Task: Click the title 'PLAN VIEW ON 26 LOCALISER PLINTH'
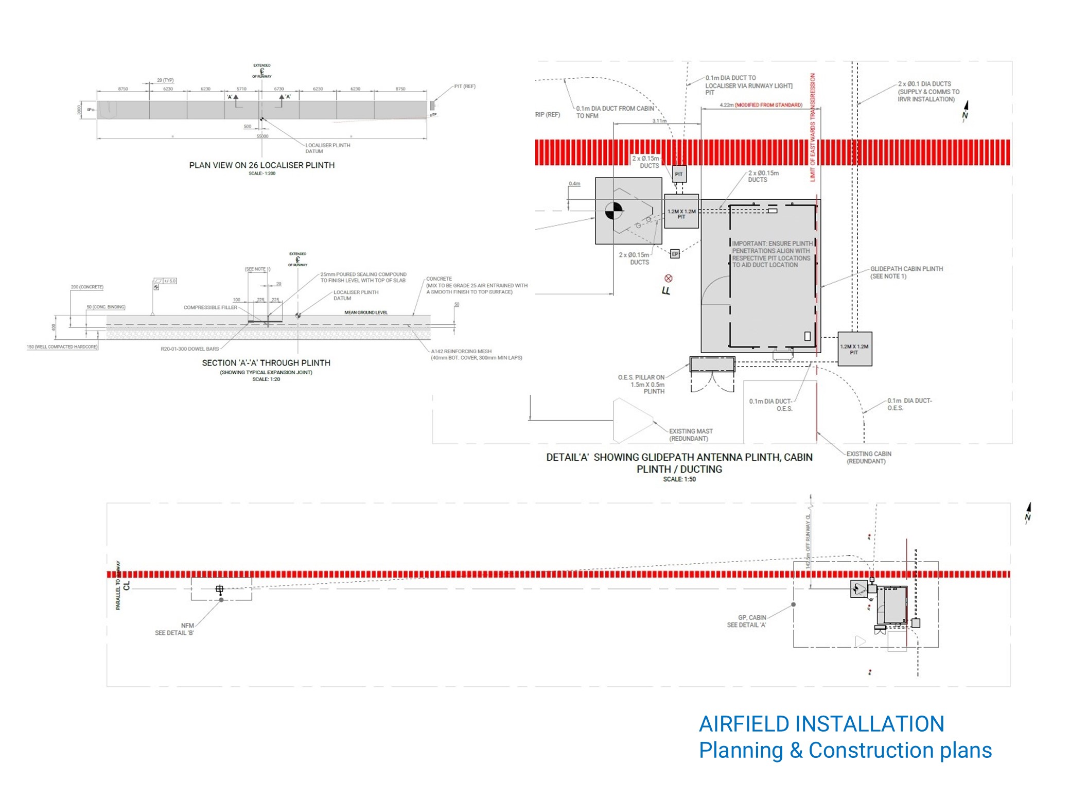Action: (261, 165)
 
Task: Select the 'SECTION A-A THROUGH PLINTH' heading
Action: (266, 363)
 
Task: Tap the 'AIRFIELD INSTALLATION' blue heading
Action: (821, 724)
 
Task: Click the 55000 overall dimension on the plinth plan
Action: (262, 136)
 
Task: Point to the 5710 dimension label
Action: (241, 89)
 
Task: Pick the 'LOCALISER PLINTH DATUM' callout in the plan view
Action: (327, 148)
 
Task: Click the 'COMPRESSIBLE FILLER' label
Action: (210, 307)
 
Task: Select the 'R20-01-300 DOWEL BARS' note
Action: (189, 349)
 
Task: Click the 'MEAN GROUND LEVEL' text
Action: (365, 313)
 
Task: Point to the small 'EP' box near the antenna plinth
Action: (675, 254)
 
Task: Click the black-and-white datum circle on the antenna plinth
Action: (613, 211)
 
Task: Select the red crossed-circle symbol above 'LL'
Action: (669, 279)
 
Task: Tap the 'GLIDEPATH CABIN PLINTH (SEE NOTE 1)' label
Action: (906, 272)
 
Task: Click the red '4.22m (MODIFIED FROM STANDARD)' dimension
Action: (761, 105)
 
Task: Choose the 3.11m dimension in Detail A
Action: (659, 121)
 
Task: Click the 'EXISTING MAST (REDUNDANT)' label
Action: (690, 435)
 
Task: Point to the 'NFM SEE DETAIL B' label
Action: (174, 629)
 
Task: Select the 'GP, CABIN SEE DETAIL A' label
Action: (746, 621)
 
